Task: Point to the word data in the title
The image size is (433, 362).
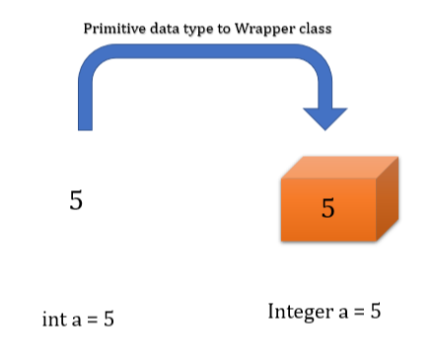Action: tap(167, 29)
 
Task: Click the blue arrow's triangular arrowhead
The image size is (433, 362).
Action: tap(325, 116)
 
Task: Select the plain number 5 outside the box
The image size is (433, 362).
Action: tap(76, 200)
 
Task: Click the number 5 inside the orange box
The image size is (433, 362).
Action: tap(328, 208)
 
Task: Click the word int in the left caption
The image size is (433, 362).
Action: tap(53, 320)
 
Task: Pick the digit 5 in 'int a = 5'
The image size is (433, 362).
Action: tap(108, 320)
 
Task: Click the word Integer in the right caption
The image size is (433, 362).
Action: tap(299, 312)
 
